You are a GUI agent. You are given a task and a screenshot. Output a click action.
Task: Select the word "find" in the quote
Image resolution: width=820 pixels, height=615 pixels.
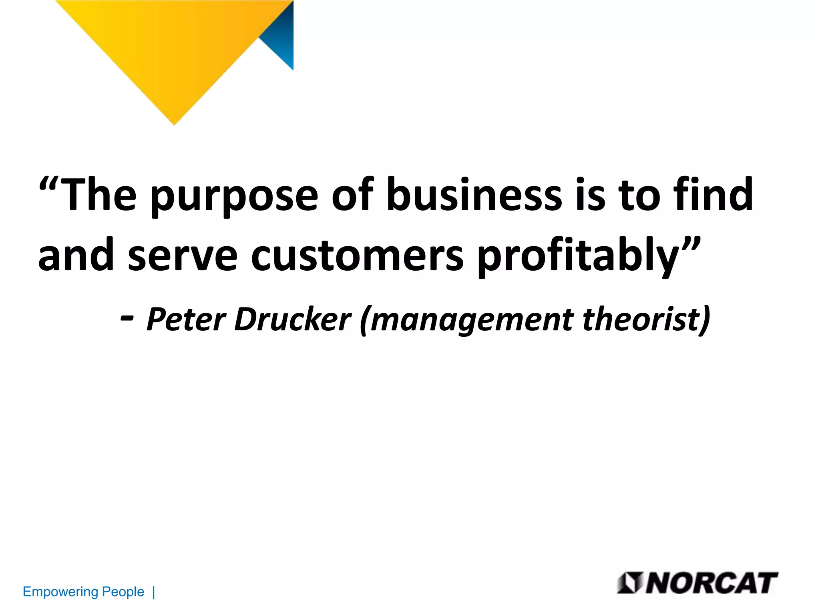(x=713, y=195)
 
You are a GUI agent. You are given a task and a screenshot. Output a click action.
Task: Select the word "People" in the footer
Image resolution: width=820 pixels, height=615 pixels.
(x=123, y=591)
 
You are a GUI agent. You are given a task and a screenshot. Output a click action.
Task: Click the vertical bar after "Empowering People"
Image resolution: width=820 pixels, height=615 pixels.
(x=154, y=592)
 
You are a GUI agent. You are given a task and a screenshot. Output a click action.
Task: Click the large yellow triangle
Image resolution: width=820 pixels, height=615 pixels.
(x=172, y=52)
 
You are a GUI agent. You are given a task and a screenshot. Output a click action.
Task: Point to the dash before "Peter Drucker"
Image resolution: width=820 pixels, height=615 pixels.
(x=127, y=318)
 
